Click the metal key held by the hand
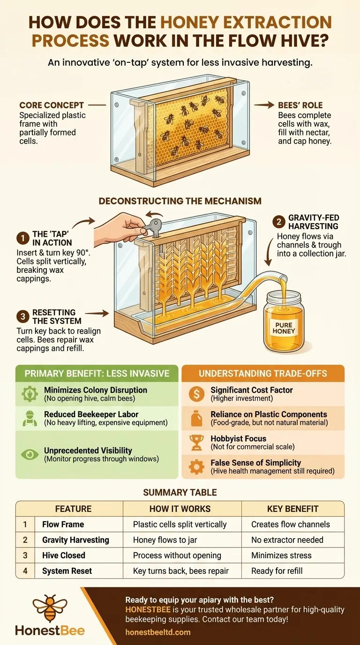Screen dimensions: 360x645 153,227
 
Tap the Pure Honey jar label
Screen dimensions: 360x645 284,328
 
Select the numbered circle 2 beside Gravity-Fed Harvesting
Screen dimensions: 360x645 279,222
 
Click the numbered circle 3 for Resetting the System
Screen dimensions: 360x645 22,317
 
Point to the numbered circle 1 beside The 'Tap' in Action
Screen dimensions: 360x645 22,239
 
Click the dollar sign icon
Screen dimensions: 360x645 196,394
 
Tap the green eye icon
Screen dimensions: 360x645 30,455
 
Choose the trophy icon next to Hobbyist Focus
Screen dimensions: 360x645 196,442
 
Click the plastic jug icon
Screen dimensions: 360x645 196,419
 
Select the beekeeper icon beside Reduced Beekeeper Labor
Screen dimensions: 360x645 30,419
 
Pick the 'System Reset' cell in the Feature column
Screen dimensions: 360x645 67,571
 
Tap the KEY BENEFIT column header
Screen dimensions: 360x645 292,509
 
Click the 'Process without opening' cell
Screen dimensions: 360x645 177,555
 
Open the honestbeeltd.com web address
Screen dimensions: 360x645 158,632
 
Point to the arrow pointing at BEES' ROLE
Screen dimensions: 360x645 264,105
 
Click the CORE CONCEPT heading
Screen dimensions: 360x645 52,105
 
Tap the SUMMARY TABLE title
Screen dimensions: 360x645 180,492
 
